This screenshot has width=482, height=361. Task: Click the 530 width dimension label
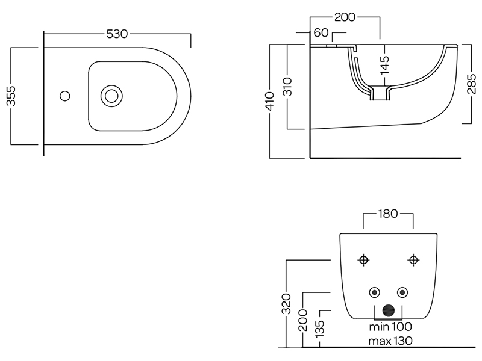pos(117,34)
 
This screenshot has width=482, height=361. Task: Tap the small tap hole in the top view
pos(65,95)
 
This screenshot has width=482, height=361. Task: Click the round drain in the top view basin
pos(111,95)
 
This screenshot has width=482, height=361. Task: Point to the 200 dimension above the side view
pos(344,17)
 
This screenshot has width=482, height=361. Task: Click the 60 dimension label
pos(321,33)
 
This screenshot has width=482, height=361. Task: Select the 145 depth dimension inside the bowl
pos(385,64)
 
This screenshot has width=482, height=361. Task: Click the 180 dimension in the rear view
pos(388,214)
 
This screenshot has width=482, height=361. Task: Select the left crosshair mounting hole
pos(363,259)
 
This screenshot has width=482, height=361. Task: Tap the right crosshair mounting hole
pos(413,259)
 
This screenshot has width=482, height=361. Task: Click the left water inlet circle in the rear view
pos(375,292)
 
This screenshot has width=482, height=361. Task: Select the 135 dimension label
pos(320,329)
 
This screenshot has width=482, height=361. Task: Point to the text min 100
pos(390,327)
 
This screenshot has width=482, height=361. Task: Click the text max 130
pos(390,342)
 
